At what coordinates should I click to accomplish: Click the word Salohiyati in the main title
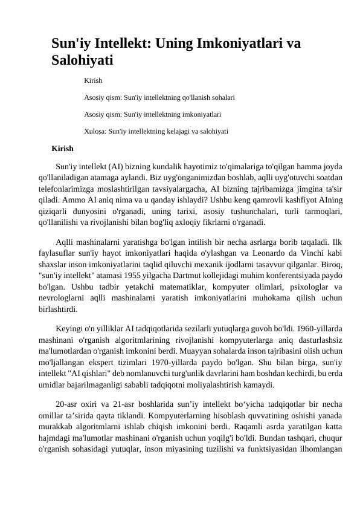pyautogui.click(x=82, y=60)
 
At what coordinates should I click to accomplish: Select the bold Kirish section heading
pyautogui.click(x=63, y=148)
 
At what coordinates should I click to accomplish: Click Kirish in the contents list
pyautogui.click(x=93, y=80)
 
